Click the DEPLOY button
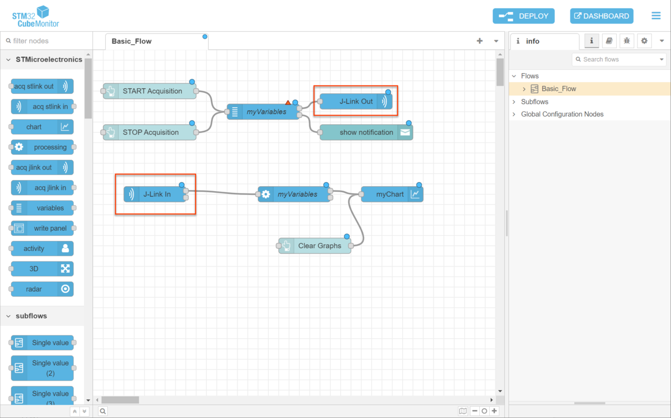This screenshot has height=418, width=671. pos(523,16)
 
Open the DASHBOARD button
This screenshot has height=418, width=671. pos(602,16)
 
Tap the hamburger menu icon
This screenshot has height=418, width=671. pos(656,16)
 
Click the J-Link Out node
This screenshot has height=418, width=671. pos(356,102)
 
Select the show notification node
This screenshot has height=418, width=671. pos(366,132)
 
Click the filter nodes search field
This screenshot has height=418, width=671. pos(48,41)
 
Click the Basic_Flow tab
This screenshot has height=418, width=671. pos(132,41)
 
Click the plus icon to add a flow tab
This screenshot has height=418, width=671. pos(480,41)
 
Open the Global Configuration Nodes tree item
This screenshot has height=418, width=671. pos(562,115)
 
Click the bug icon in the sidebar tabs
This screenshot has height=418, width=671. pos(627,41)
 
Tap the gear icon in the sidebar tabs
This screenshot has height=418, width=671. pos(645,41)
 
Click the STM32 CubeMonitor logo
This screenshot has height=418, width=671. pos(36,16)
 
